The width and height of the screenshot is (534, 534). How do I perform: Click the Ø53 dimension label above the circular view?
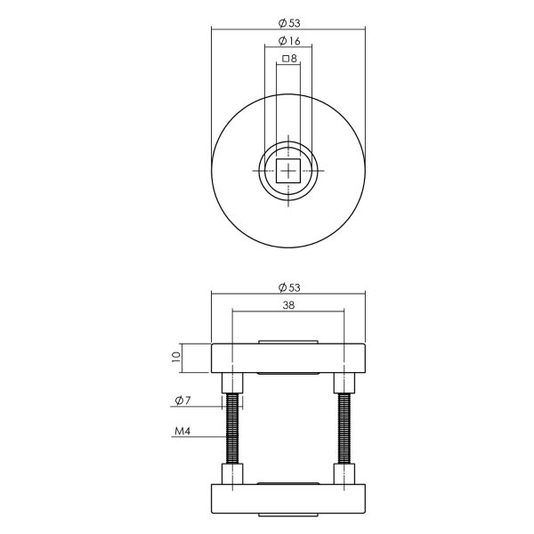click(x=288, y=22)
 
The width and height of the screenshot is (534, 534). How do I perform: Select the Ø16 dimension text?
click(x=288, y=41)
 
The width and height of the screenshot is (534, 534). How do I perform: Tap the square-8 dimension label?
click(x=288, y=59)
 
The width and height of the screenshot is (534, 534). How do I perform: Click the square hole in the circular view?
click(x=288, y=170)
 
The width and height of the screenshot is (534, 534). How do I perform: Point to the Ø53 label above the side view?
click(x=288, y=287)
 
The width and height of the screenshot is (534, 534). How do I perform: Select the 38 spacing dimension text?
click(x=288, y=304)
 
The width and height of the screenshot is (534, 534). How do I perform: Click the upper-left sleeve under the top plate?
click(x=233, y=383)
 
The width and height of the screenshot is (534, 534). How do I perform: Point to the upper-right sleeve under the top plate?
click(x=344, y=383)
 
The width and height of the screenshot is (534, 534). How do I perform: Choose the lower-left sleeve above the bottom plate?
click(x=233, y=474)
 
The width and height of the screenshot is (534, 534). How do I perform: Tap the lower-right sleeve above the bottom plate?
click(x=344, y=474)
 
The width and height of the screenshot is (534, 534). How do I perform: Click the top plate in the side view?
click(x=288, y=358)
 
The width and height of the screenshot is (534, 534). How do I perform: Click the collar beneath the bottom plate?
click(x=288, y=516)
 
